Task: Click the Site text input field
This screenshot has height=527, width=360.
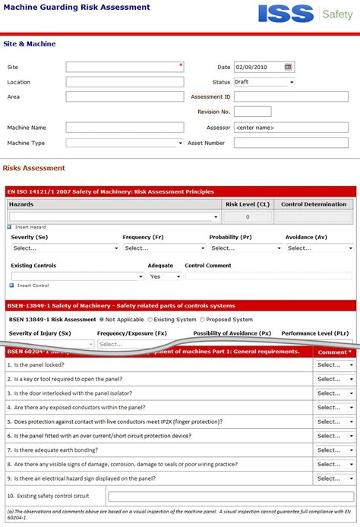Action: [x=125, y=67]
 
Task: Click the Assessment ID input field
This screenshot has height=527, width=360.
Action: [x=291, y=97]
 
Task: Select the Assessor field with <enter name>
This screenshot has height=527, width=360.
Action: [x=291, y=127]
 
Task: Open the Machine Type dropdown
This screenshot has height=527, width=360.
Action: [x=125, y=143]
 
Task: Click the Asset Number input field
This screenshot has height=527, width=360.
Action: [x=291, y=143]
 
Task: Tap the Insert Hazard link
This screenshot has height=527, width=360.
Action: [x=30, y=227]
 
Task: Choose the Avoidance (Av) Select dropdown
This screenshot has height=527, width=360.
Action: [x=319, y=248]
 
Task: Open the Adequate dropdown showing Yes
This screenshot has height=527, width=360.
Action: [x=164, y=276]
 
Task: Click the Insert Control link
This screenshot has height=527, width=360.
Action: [x=33, y=286]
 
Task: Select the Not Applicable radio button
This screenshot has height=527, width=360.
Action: [x=102, y=320]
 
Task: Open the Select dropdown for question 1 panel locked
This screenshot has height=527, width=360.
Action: [x=335, y=365]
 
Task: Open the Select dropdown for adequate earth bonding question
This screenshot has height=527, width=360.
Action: [x=335, y=450]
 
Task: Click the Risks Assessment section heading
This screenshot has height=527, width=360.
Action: [x=34, y=168]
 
